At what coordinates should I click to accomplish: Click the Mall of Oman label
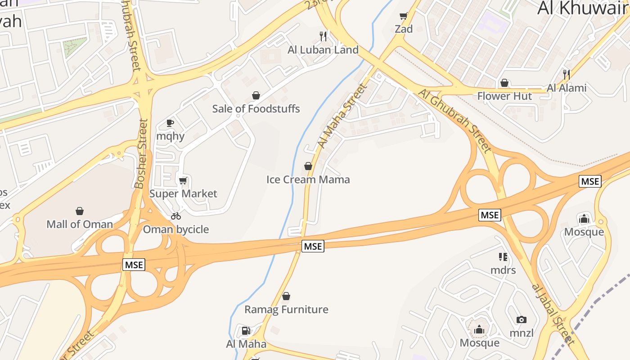click(x=80, y=224)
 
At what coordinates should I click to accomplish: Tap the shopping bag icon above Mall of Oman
click(x=80, y=211)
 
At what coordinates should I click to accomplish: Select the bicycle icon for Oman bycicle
click(x=176, y=216)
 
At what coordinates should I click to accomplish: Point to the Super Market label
click(x=183, y=193)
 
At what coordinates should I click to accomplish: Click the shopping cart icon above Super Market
click(x=183, y=181)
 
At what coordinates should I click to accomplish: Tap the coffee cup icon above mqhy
click(x=170, y=123)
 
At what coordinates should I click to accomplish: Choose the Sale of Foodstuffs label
click(x=256, y=108)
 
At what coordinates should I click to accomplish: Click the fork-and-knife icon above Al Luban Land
click(x=323, y=36)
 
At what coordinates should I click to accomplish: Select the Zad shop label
click(x=404, y=29)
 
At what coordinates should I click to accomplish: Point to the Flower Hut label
click(x=504, y=96)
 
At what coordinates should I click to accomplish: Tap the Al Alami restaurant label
click(x=567, y=88)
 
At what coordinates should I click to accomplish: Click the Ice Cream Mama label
click(x=308, y=180)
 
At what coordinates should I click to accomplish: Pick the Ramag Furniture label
click(x=286, y=310)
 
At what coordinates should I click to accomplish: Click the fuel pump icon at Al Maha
click(x=246, y=331)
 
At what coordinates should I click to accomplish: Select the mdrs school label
click(x=503, y=270)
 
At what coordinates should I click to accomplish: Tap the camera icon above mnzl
click(x=522, y=320)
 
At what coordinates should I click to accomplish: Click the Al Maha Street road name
click(x=342, y=116)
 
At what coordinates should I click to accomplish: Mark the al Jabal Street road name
click(x=553, y=314)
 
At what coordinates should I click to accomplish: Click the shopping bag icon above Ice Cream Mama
click(x=308, y=166)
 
